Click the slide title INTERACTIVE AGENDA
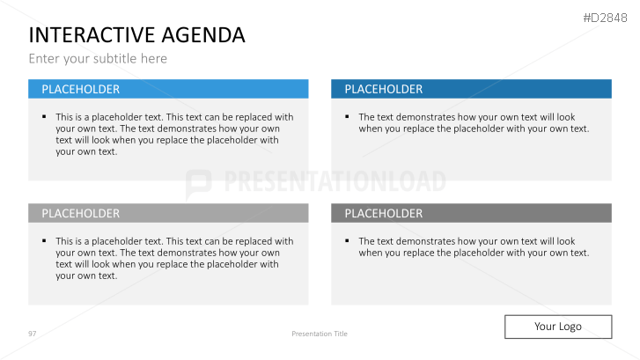coord(136,35)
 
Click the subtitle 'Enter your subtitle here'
coord(98,59)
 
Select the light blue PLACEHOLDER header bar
coord(168,89)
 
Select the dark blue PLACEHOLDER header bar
coord(471,89)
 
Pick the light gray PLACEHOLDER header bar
coord(168,213)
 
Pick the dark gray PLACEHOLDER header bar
coord(471,213)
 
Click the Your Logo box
coord(557,327)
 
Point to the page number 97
coord(33,334)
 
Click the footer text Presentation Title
coord(320,334)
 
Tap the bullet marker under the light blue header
coord(44,116)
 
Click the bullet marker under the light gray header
coord(44,240)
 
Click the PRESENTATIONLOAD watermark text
coord(335,182)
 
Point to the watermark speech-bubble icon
coord(199,183)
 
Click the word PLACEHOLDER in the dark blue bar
coord(383,89)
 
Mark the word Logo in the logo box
coord(570,327)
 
